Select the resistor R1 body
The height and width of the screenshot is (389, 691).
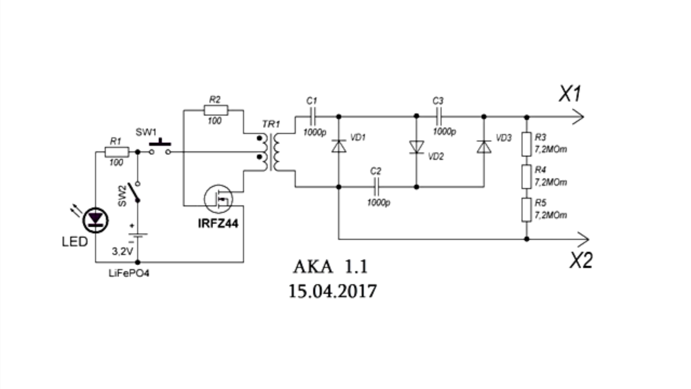pyautogui.click(x=117, y=152)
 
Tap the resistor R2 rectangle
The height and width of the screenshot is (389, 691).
pyautogui.click(x=216, y=110)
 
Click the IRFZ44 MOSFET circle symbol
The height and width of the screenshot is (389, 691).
pyautogui.click(x=218, y=199)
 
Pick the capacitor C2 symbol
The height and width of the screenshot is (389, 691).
pyautogui.click(x=376, y=187)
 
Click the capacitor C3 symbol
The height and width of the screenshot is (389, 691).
pyautogui.click(x=439, y=117)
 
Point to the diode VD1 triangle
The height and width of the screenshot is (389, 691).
pyautogui.click(x=339, y=146)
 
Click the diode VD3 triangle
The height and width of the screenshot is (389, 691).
pyautogui.click(x=484, y=147)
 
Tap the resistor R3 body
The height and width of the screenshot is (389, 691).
pyautogui.click(x=526, y=144)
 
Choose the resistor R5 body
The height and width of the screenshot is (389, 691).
pyautogui.click(x=526, y=210)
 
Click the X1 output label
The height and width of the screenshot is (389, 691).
pyautogui.click(x=570, y=94)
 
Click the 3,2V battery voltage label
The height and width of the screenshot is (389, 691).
pyautogui.click(x=123, y=251)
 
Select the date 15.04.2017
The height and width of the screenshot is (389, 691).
pyautogui.click(x=332, y=291)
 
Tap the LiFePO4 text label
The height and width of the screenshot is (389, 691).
pyautogui.click(x=129, y=273)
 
